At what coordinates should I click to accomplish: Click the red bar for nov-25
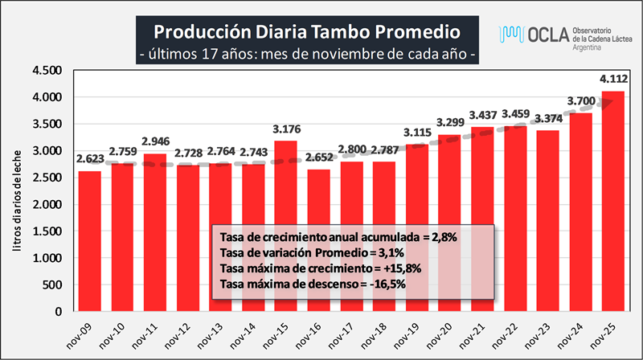pyautogui.click(x=613, y=201)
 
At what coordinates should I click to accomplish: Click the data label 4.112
pyautogui.click(x=613, y=79)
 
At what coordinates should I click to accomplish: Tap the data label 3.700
pyautogui.click(x=580, y=100)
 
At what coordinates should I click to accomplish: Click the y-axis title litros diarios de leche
pyautogui.click(x=18, y=204)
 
